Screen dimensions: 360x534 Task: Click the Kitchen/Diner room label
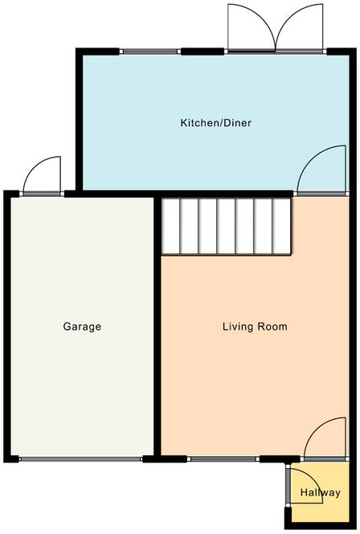(215, 122)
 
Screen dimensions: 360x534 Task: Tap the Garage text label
(82, 327)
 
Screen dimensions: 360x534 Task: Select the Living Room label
(255, 327)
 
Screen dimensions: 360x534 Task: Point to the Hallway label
(320, 492)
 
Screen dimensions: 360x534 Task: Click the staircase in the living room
(226, 226)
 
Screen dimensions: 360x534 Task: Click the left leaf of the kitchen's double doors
(251, 27)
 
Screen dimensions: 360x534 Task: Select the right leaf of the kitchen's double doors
(299, 27)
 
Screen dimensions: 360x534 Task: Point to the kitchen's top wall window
(150, 51)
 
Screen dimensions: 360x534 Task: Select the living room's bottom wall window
(223, 458)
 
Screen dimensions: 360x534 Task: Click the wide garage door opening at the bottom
(80, 459)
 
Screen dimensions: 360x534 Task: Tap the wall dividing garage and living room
(157, 327)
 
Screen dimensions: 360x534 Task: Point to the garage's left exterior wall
(7, 327)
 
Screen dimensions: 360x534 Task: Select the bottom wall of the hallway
(321, 526)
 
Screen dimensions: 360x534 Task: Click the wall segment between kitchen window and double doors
(202, 51)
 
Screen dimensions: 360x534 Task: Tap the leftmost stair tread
(170, 226)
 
